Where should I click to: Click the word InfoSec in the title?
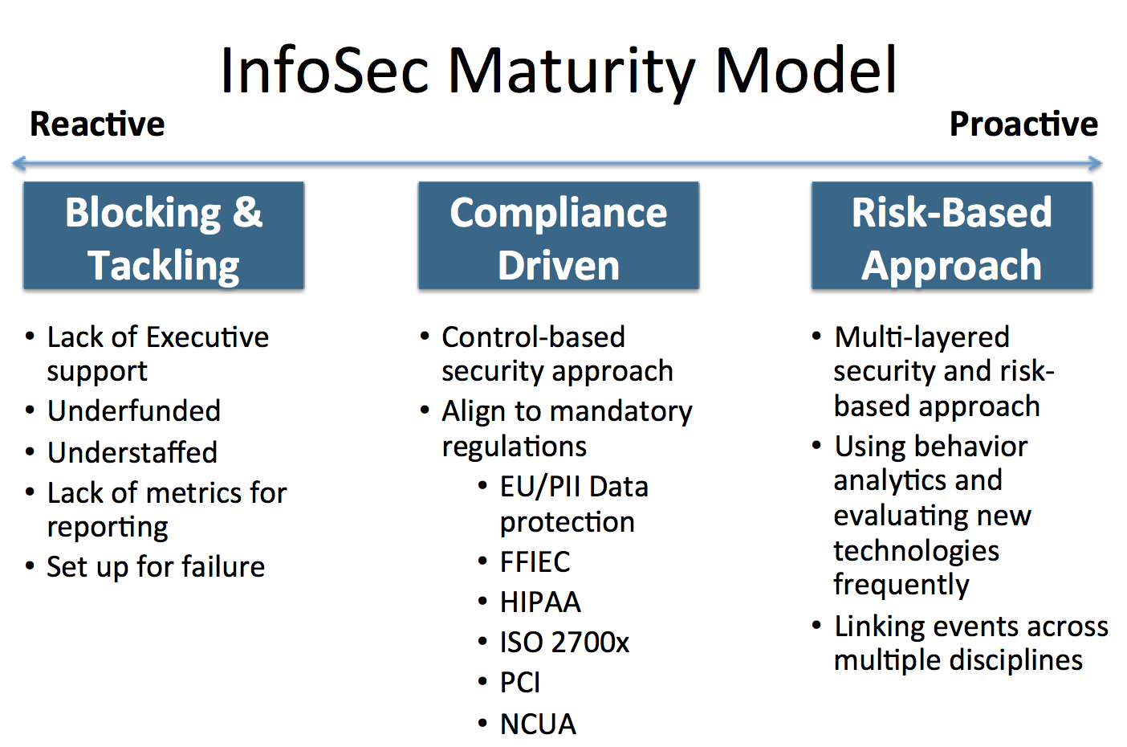(x=324, y=70)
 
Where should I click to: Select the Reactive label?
(x=97, y=124)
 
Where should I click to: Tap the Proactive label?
(x=1023, y=124)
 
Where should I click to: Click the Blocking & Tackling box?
(x=164, y=235)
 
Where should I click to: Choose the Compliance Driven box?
(x=559, y=235)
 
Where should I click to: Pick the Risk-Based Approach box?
(x=952, y=235)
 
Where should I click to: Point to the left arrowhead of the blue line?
(x=19, y=163)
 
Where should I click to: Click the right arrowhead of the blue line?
(x=1096, y=163)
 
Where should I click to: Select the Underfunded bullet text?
(x=134, y=410)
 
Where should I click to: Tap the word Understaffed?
(x=132, y=452)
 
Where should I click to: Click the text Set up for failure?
(x=156, y=567)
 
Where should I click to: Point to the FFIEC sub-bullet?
(x=535, y=561)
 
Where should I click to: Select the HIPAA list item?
(x=540, y=602)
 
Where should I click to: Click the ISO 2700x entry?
(x=564, y=643)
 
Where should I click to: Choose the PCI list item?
(x=519, y=683)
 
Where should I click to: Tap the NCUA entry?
(x=538, y=724)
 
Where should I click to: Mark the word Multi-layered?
(x=922, y=338)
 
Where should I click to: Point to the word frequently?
(x=901, y=586)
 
